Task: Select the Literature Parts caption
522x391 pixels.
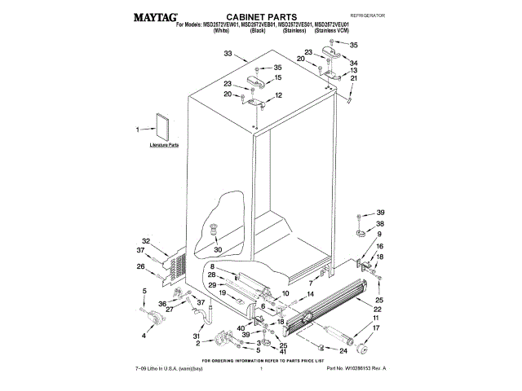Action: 164,145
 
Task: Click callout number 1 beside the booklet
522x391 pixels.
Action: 139,128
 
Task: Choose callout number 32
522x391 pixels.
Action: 146,240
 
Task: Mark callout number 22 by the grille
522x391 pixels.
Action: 378,310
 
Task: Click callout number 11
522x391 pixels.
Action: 376,319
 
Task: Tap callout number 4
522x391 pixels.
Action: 144,335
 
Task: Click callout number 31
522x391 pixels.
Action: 197,336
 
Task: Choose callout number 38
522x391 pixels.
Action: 380,223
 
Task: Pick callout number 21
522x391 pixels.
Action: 353,78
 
